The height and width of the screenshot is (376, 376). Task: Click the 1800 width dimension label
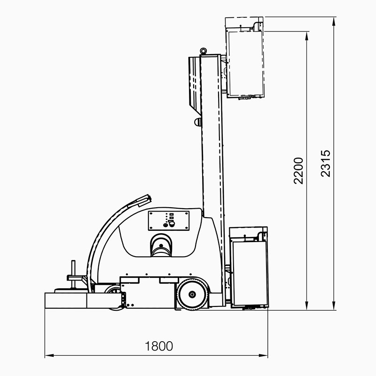(x=159, y=346)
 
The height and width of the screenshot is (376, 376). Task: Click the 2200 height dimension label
(x=298, y=171)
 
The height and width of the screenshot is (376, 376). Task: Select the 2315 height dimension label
(x=326, y=164)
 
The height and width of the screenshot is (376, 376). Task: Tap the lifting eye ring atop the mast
(x=204, y=51)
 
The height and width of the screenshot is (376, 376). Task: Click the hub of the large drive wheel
(x=192, y=294)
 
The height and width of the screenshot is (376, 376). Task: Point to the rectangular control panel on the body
(x=169, y=221)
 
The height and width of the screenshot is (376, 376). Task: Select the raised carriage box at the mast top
(x=245, y=58)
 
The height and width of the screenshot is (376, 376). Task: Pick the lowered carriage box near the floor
(x=249, y=268)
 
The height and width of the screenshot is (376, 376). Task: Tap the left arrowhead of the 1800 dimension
(x=49, y=355)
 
